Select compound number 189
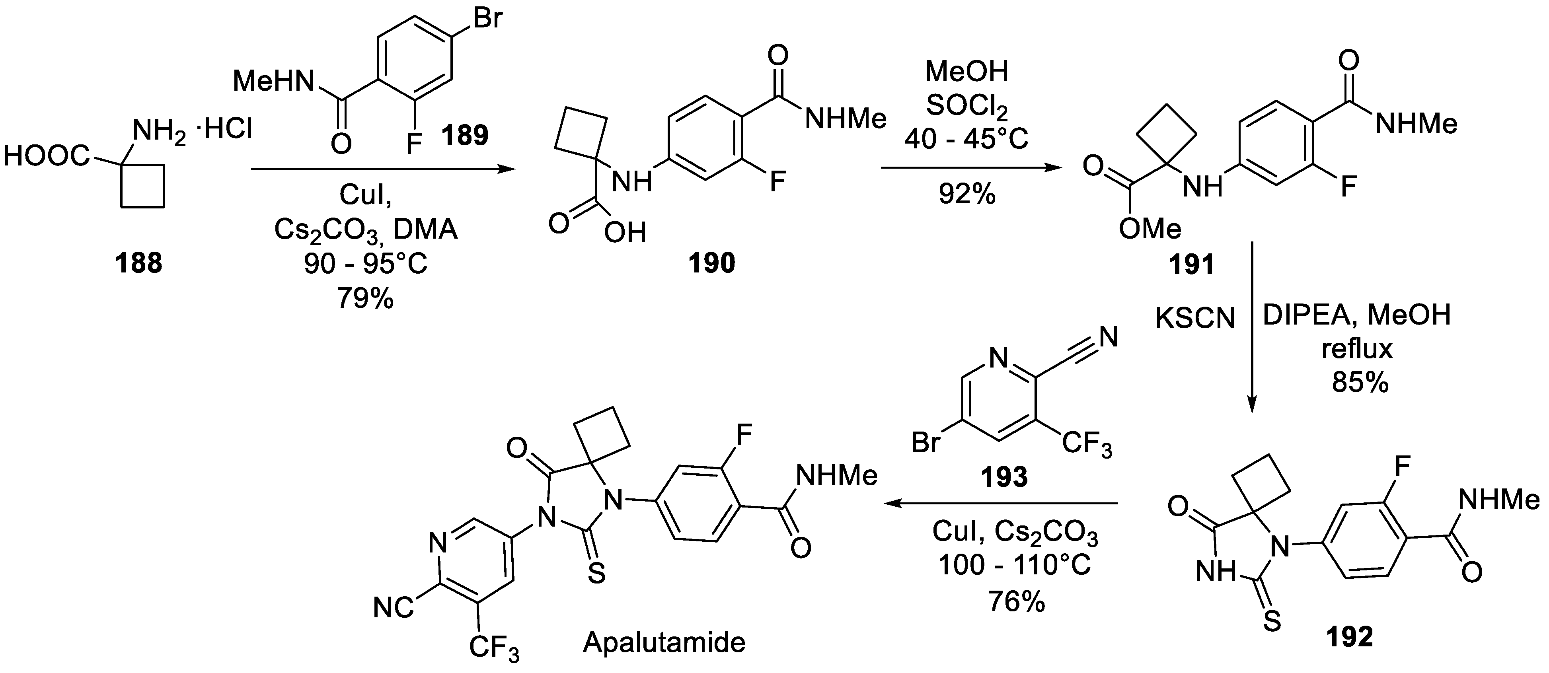465,135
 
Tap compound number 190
712,263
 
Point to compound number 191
1192,265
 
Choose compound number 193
1005,478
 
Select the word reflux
1356,348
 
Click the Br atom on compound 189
487,18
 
